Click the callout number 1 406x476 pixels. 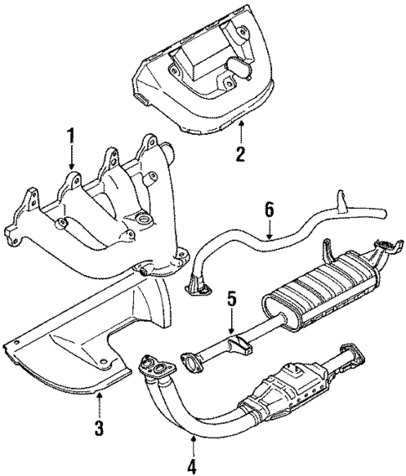point(72,134)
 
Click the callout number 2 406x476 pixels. point(240,153)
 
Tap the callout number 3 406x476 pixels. point(99,430)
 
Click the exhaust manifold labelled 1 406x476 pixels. point(109,210)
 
